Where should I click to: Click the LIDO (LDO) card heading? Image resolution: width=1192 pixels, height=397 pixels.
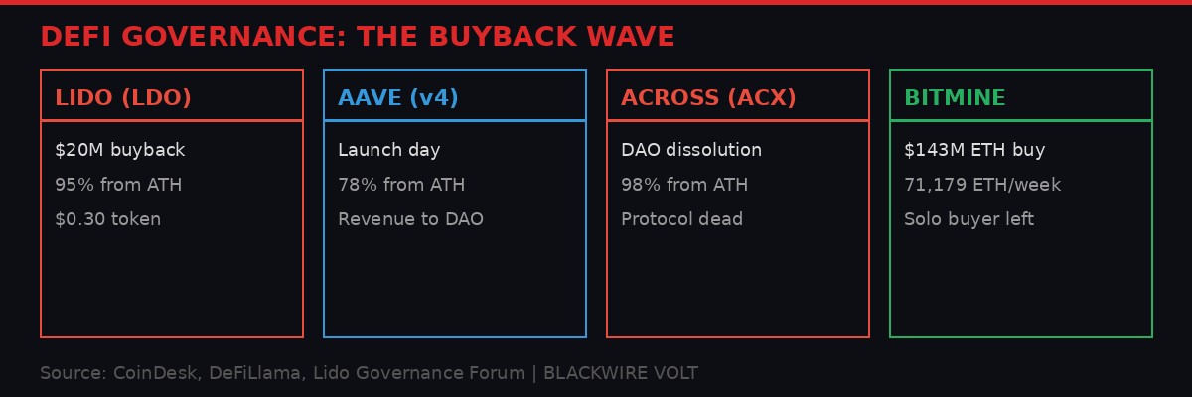point(123,98)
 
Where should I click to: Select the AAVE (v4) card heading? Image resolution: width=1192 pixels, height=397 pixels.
point(398,98)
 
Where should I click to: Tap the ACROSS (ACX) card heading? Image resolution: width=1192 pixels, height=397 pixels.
point(708,98)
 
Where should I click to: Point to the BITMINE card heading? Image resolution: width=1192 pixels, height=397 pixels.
point(955,98)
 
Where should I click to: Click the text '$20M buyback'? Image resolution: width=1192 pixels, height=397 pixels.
point(120,150)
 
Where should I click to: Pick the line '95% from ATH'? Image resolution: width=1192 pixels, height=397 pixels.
point(118,185)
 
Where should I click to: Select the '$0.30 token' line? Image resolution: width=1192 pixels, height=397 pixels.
point(107,219)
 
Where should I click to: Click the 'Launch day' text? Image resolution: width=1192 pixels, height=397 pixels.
point(388,150)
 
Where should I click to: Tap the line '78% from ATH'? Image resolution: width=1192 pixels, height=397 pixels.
point(401,185)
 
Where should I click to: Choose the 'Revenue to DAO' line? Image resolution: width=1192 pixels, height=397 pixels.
point(410,219)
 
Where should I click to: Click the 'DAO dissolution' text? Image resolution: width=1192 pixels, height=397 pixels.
point(691,150)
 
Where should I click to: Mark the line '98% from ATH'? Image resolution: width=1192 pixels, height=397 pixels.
point(684,185)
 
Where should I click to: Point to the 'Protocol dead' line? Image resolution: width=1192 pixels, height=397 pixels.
point(681,219)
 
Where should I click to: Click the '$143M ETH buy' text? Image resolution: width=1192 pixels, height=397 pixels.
point(974,150)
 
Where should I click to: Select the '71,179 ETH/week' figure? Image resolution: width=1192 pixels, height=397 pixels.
point(982,185)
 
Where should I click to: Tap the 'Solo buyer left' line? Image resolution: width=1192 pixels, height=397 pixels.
point(968,219)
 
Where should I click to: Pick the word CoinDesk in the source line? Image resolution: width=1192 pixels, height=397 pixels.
point(154,373)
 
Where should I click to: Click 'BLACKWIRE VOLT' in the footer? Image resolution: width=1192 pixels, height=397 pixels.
point(621,373)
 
